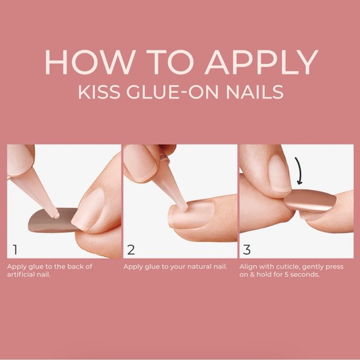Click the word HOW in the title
[90, 62]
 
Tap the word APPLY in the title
[262, 62]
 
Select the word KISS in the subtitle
[99, 92]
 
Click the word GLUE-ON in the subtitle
[172, 92]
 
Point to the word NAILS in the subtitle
[255, 92]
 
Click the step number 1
[15, 250]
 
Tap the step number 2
[131, 250]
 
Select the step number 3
[247, 250]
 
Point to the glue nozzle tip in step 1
[56, 216]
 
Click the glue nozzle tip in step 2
[185, 208]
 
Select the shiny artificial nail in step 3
[310, 200]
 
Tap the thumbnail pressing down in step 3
[279, 173]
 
